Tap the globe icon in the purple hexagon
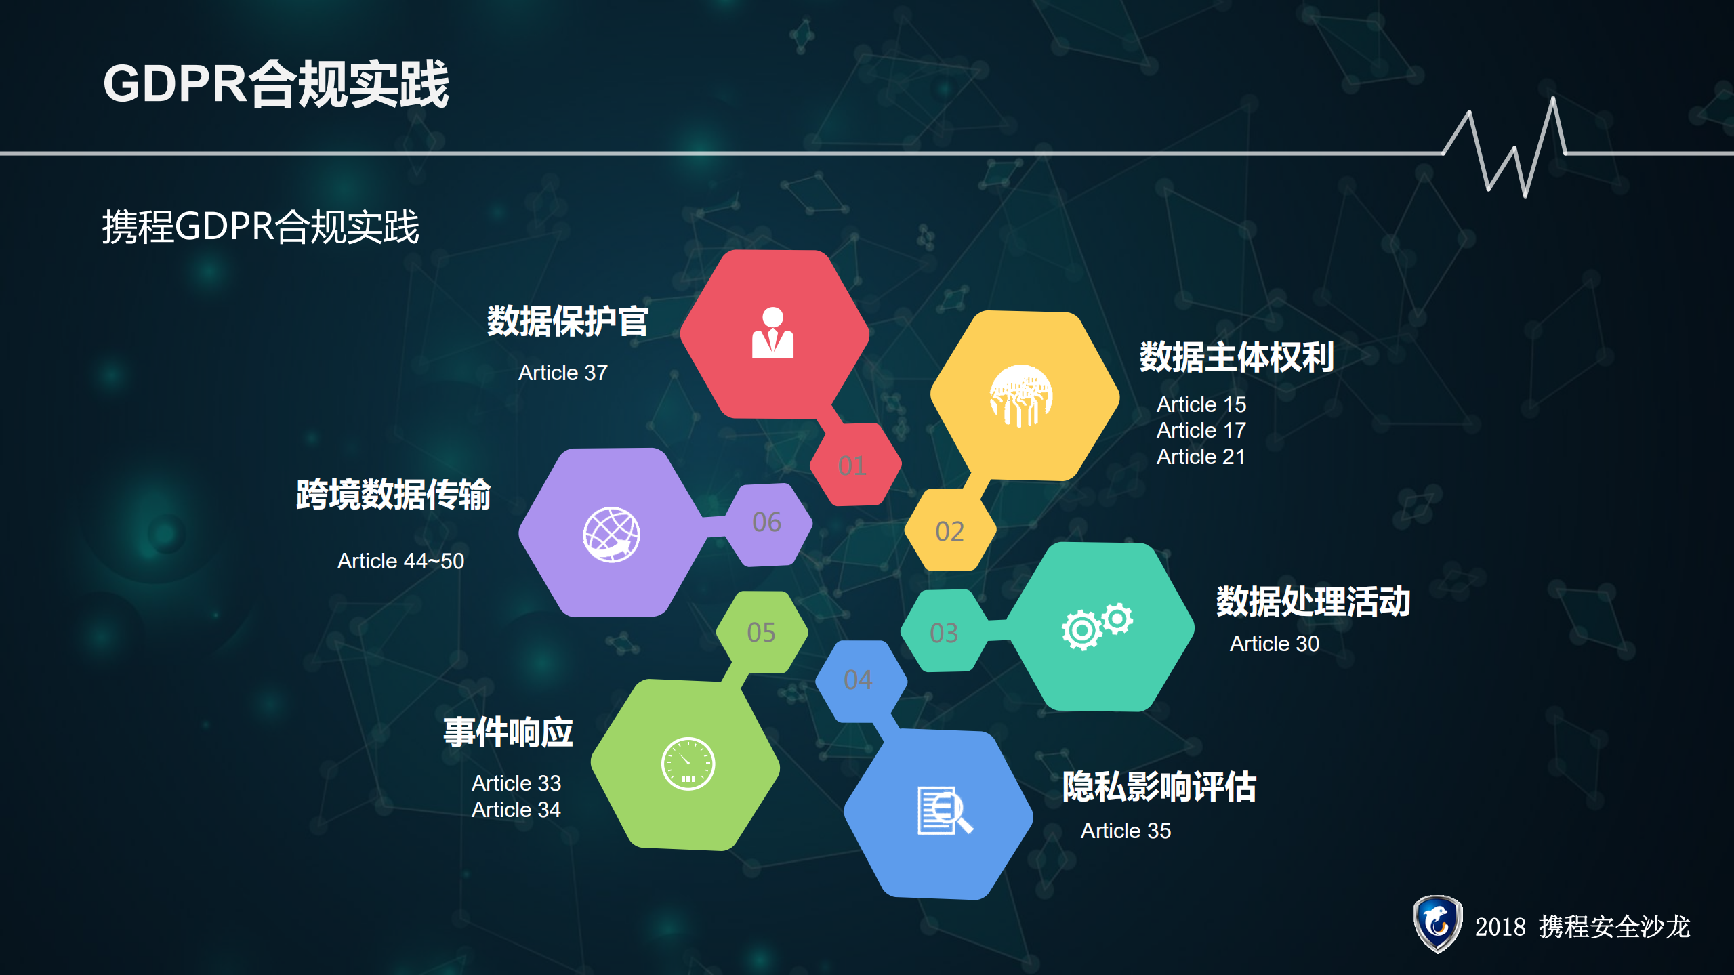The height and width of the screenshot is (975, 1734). tap(611, 534)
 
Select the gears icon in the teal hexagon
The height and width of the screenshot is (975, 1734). tap(1096, 625)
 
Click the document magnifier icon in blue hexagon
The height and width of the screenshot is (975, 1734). tap(944, 810)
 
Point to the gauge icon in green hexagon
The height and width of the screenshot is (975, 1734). tap(688, 764)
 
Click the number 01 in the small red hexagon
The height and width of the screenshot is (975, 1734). tap(852, 465)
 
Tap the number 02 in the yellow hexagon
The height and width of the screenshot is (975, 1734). tap(949, 532)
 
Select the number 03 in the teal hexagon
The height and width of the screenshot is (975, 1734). tap(944, 633)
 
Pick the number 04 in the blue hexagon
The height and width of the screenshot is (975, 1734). tap(858, 680)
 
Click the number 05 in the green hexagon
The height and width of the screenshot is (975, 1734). tap(761, 632)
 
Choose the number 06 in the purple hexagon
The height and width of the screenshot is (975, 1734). tap(766, 522)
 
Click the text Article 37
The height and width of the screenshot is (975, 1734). tap(562, 373)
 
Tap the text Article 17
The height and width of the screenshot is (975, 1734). tap(1201, 430)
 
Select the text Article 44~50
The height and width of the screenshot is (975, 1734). tap(400, 561)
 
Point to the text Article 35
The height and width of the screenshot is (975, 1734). tap(1126, 831)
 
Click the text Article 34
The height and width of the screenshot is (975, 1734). tap(516, 810)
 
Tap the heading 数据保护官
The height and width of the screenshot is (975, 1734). tap(568, 321)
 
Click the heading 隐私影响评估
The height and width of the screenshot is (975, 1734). tap(1159, 787)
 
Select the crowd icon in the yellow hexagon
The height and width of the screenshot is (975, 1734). tap(1021, 396)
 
